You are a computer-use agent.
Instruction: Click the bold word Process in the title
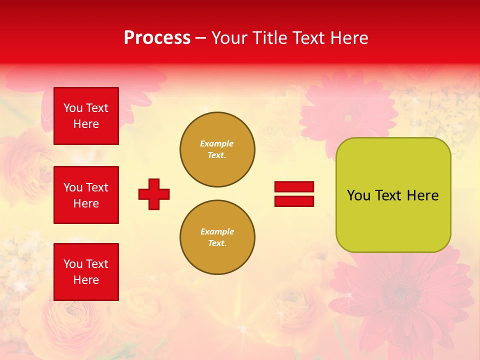click(x=157, y=37)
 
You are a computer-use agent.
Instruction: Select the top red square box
click(x=86, y=116)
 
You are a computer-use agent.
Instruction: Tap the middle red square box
click(x=86, y=195)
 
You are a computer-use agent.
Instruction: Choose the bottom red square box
click(x=86, y=272)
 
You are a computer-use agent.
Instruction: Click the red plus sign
click(x=154, y=194)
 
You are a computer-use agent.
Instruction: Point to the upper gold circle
click(x=217, y=149)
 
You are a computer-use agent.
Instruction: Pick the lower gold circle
click(x=217, y=237)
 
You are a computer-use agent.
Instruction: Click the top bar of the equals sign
click(x=294, y=186)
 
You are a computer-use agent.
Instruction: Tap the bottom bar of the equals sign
click(x=294, y=201)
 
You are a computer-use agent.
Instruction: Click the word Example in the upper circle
click(x=217, y=143)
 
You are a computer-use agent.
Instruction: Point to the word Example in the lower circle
click(x=217, y=231)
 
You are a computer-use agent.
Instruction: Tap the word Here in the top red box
click(x=86, y=124)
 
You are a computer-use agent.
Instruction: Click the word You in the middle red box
click(x=72, y=187)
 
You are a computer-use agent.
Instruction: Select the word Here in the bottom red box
click(x=86, y=280)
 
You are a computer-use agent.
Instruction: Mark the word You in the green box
click(x=358, y=195)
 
